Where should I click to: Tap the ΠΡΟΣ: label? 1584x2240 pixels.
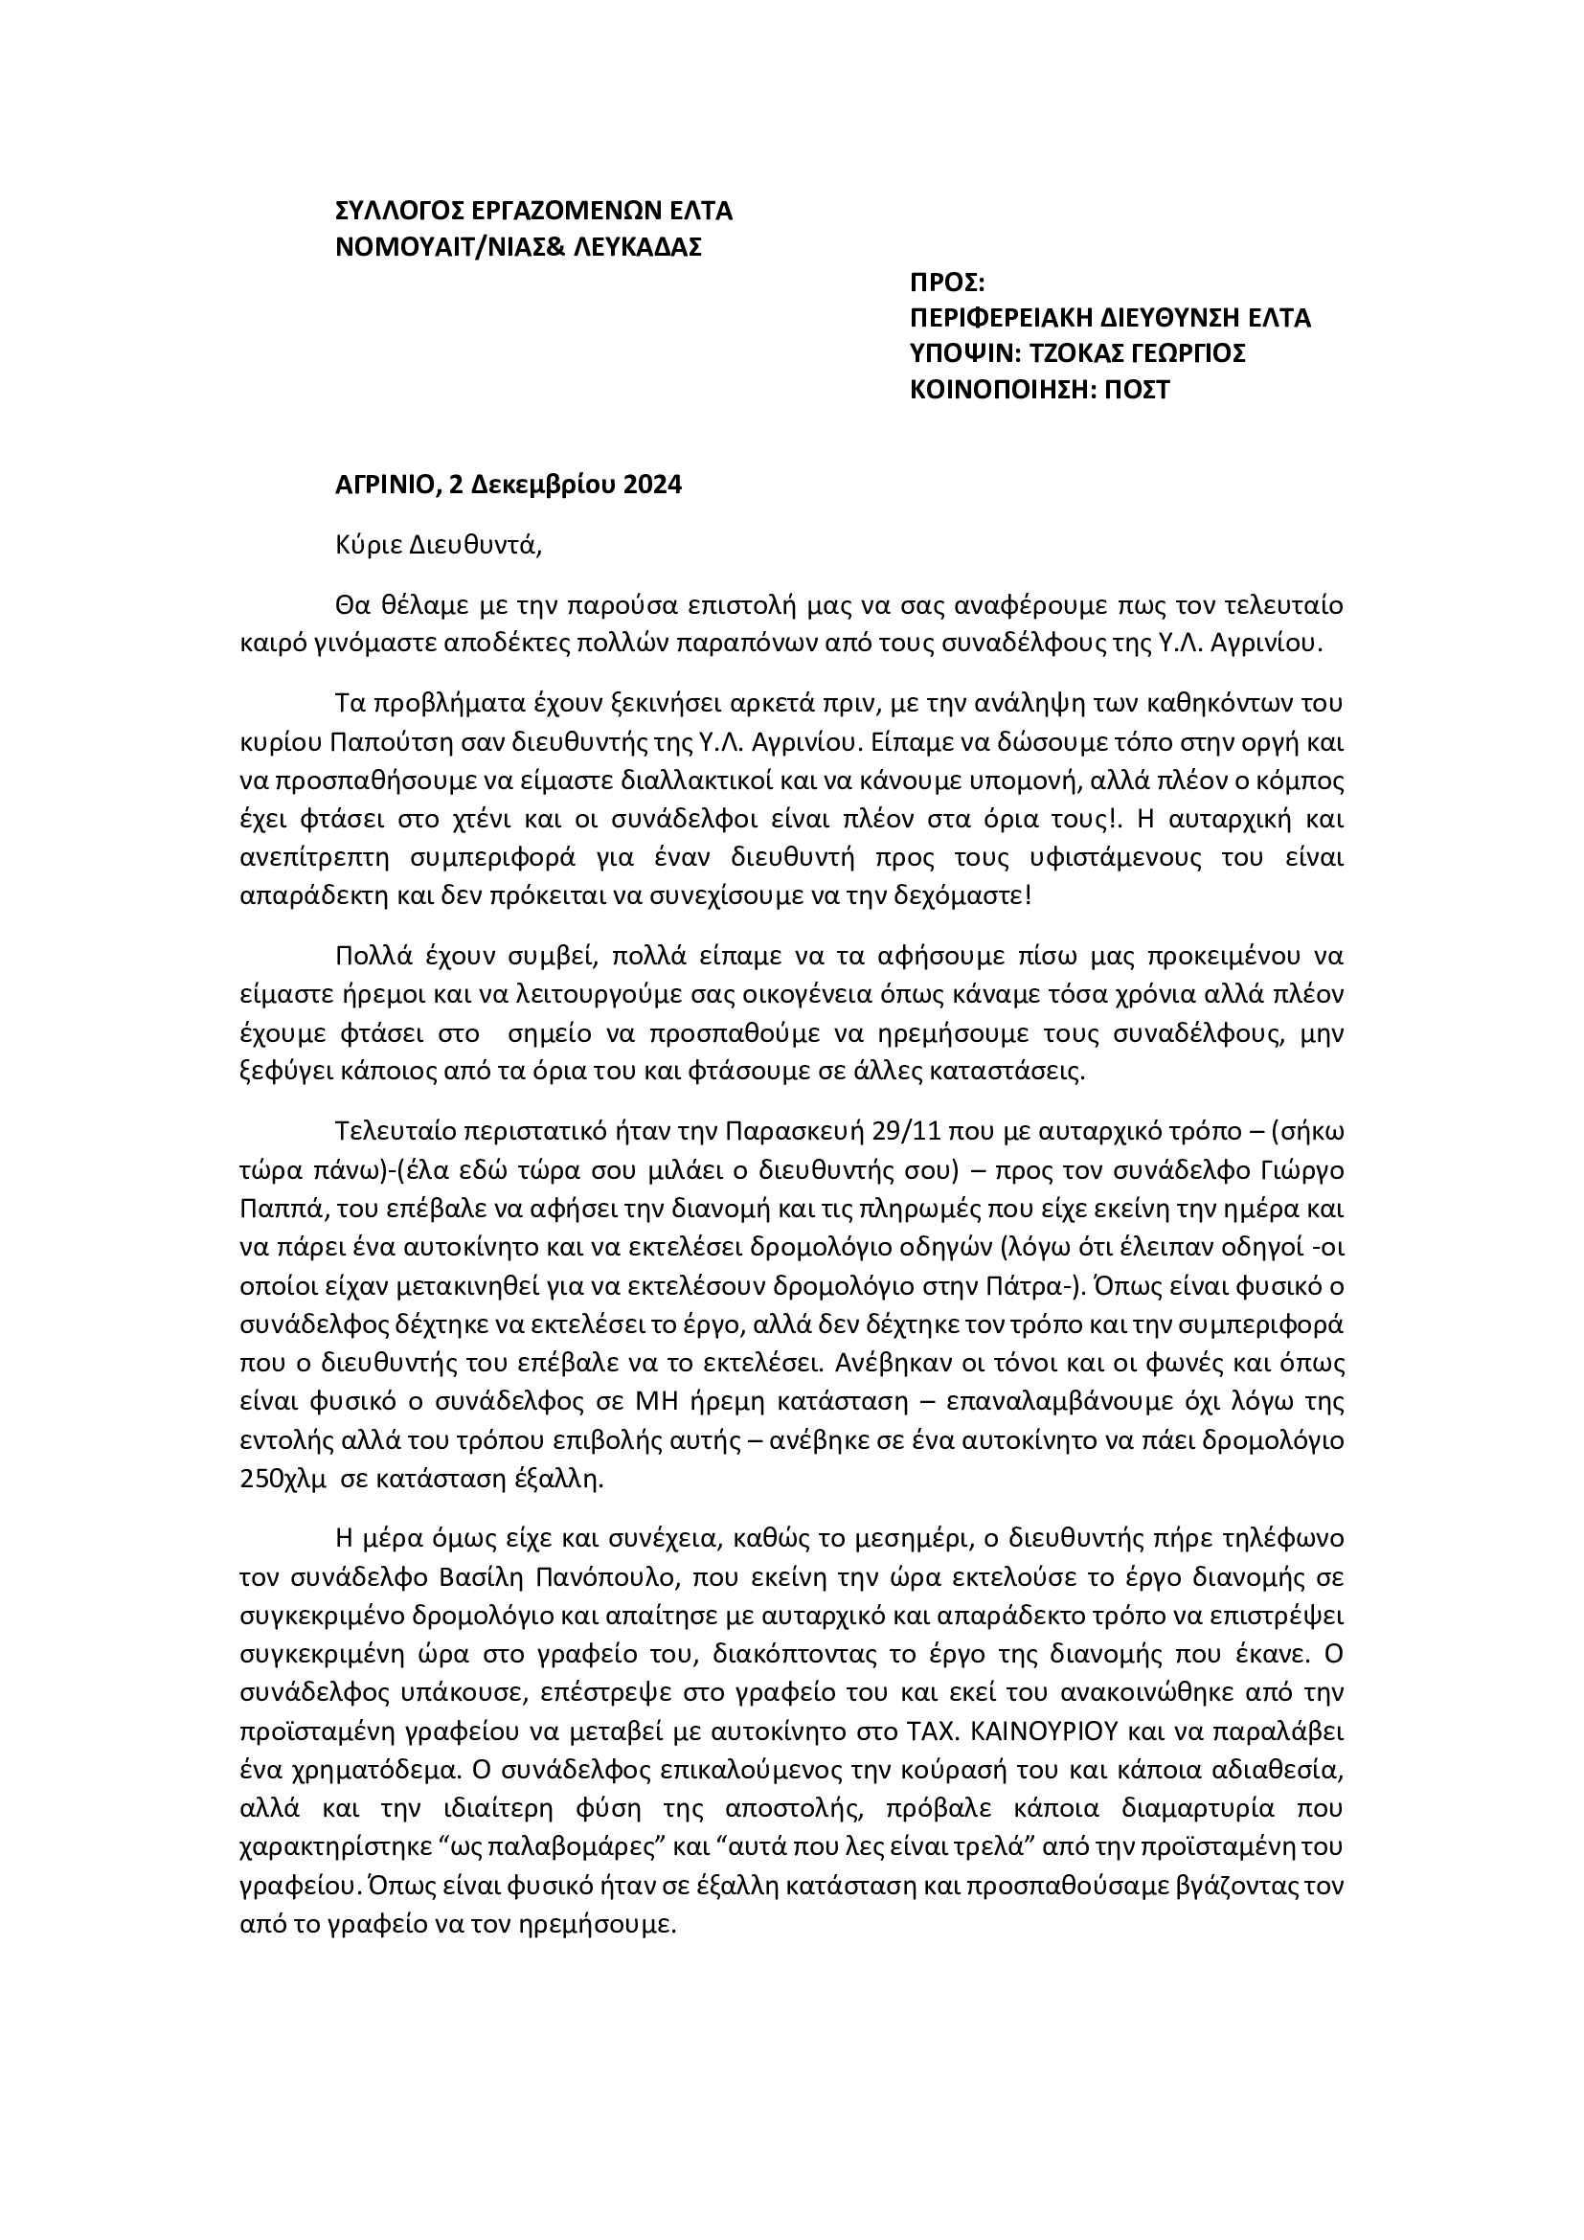tap(947, 283)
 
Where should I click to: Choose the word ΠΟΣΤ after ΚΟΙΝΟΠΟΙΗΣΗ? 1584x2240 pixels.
tap(1138, 390)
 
